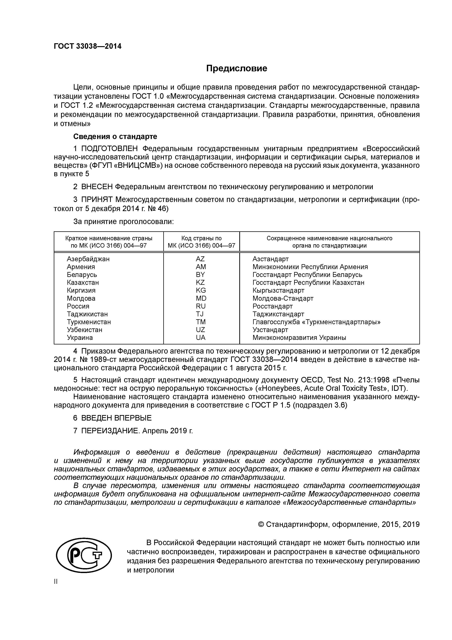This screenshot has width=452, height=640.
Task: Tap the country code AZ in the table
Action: (200, 259)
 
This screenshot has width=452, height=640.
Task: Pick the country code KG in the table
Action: (201, 290)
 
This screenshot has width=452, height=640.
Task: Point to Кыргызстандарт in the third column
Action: (278, 290)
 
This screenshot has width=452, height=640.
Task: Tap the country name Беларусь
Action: (82, 275)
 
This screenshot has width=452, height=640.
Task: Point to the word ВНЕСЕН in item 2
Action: (97, 186)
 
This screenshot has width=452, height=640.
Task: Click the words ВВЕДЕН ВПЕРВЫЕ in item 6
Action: (116, 426)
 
